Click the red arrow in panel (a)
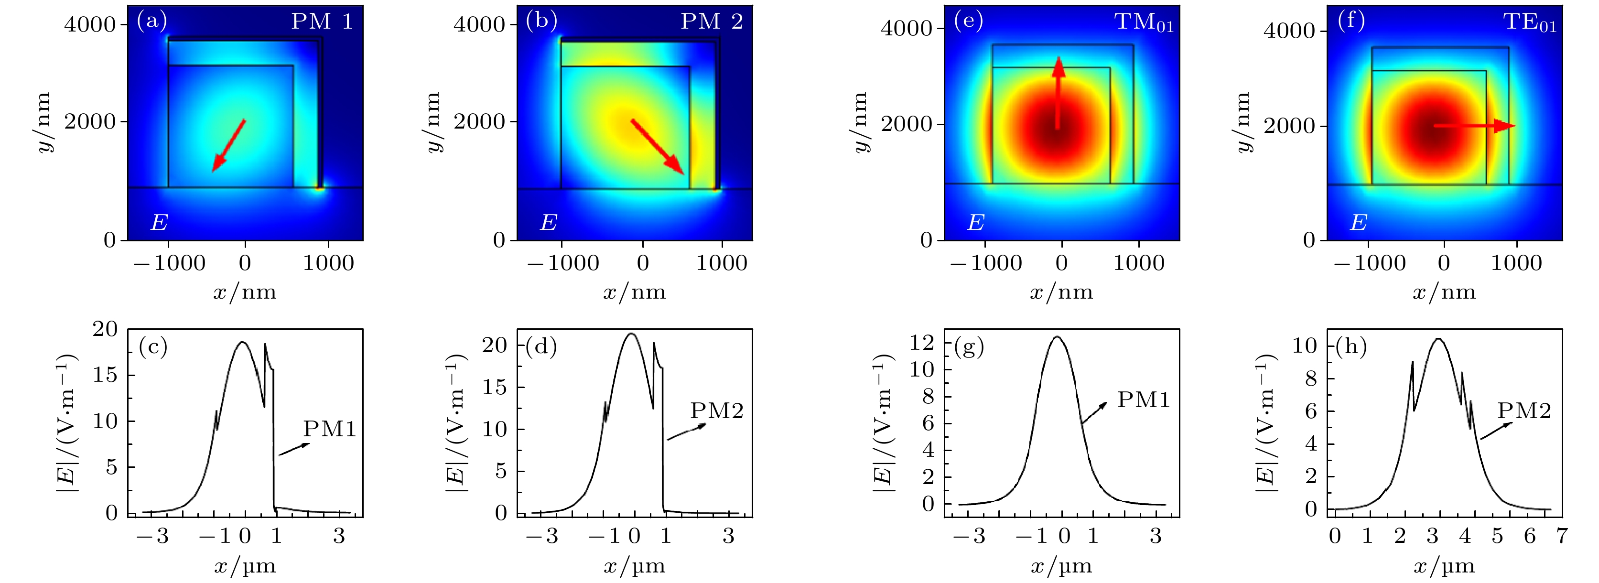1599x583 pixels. coord(229,145)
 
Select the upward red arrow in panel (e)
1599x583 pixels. coord(1058,93)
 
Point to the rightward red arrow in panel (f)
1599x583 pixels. coord(1474,126)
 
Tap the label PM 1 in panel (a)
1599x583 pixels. coord(322,22)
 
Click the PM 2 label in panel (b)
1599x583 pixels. coord(712,22)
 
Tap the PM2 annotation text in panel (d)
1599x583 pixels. coord(716,411)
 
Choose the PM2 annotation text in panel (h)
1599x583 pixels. coord(1524,411)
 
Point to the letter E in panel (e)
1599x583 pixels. coord(976,222)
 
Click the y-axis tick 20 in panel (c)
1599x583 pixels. coord(105,330)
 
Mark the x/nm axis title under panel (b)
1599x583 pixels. coord(634,292)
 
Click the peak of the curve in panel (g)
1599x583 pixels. coord(1057,337)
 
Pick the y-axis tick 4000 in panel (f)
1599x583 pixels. coord(1289,31)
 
